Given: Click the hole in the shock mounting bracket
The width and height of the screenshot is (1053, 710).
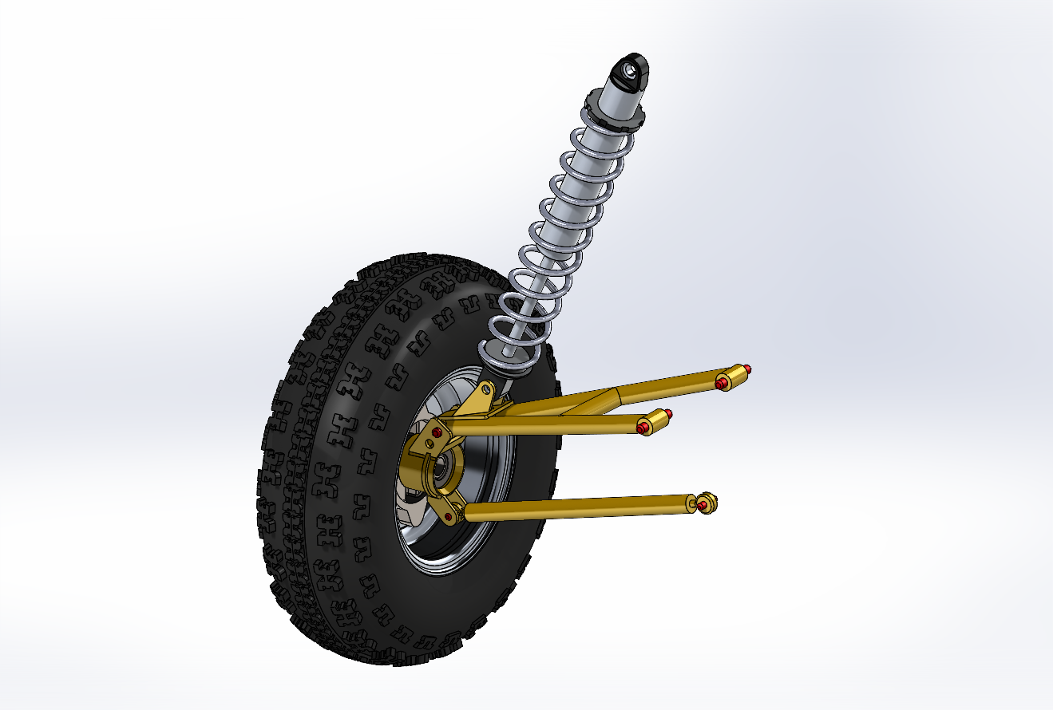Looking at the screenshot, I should [486, 389].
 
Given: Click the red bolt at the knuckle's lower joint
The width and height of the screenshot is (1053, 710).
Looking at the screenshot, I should [449, 518].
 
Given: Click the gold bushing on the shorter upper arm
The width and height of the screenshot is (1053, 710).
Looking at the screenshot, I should [656, 420].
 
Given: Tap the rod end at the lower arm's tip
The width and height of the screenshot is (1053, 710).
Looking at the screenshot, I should [707, 503].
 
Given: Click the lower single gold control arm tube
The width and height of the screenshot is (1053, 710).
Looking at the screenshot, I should [575, 507].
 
